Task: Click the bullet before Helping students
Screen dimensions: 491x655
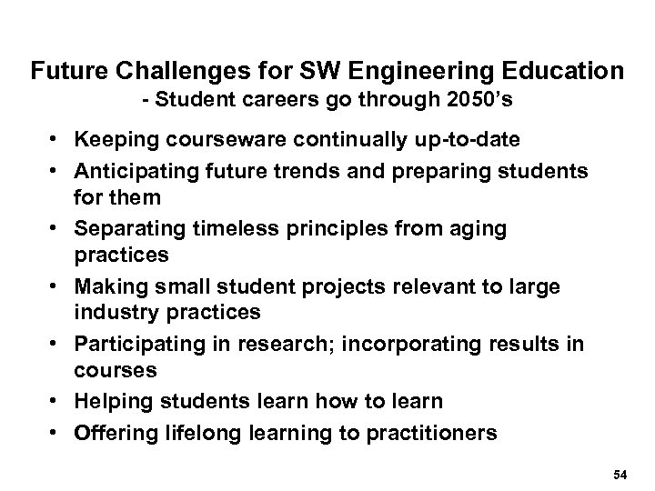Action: pos(56,402)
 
